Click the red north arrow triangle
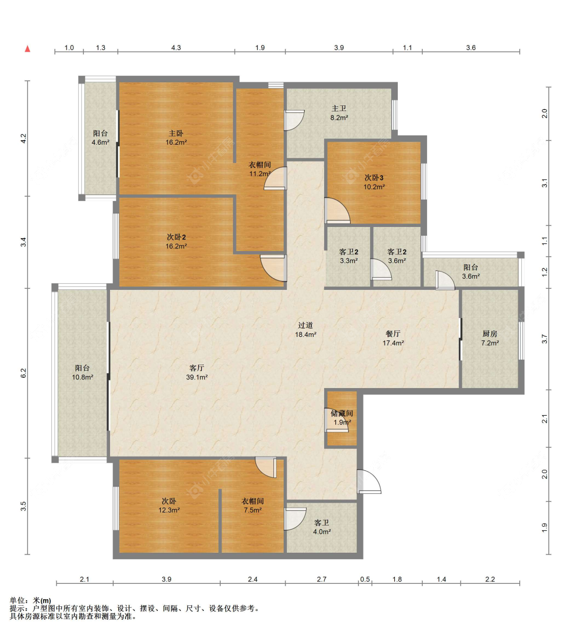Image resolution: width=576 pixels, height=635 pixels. click(28, 49)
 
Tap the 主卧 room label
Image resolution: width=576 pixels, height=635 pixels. click(176, 133)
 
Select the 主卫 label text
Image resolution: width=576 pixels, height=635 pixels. click(339, 108)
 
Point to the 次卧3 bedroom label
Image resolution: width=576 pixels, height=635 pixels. click(374, 178)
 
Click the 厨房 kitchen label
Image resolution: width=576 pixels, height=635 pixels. click(490, 334)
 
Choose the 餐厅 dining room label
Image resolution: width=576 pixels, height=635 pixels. click(393, 334)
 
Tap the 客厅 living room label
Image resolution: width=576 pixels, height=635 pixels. click(197, 368)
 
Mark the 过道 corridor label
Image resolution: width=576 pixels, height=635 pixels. click(306, 325)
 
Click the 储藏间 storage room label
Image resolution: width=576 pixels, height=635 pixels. click(342, 413)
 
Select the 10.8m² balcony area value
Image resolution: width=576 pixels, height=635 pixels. click(82, 377)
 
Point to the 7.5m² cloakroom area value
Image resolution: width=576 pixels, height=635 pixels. click(252, 510)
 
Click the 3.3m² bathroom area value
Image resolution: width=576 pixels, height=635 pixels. click(349, 261)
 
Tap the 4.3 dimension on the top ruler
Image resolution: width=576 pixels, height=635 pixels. click(176, 48)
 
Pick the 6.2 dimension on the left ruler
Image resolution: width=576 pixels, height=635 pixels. click(23, 373)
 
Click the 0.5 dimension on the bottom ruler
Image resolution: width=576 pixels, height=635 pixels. click(365, 579)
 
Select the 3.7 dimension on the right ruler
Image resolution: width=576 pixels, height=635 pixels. click(545, 339)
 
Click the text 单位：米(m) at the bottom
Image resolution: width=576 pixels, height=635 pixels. click(31, 601)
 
